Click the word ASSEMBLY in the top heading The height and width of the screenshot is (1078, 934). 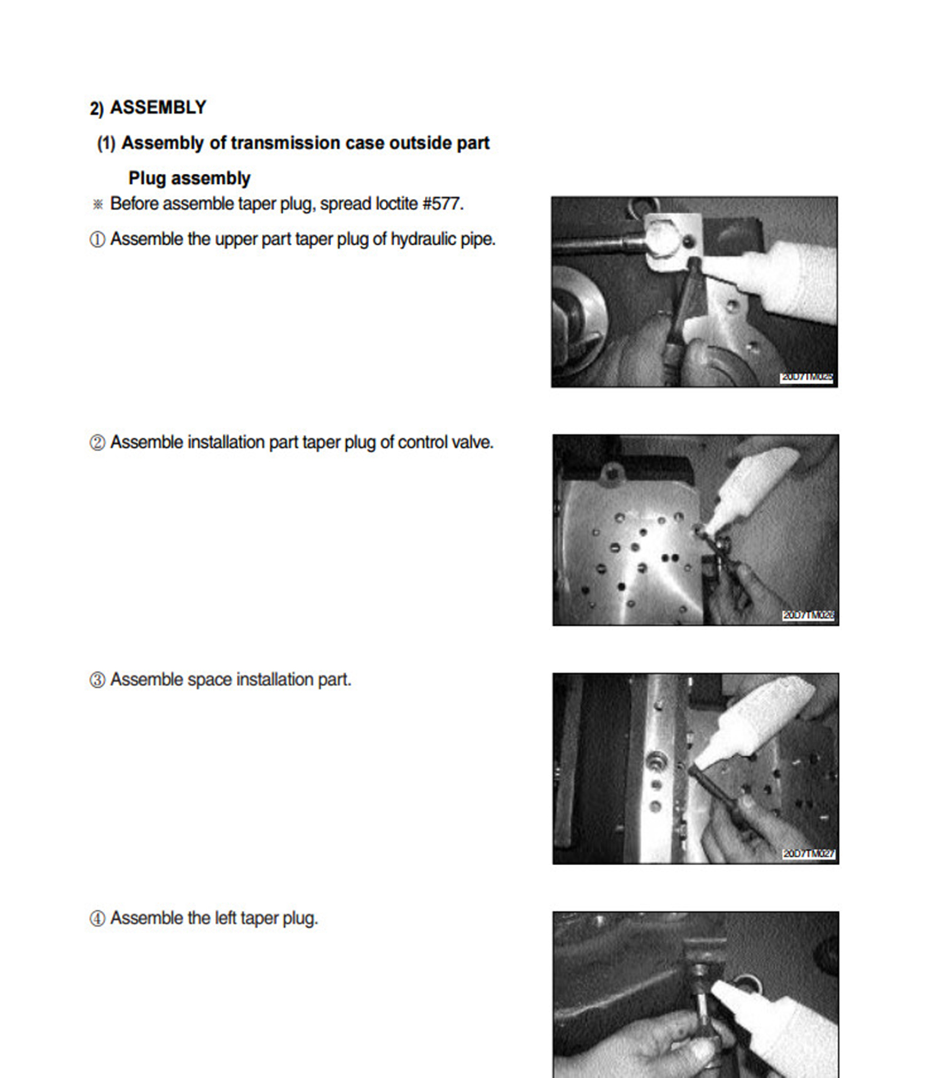(158, 107)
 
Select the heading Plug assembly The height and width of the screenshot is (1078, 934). (189, 178)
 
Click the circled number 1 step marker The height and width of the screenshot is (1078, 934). (97, 239)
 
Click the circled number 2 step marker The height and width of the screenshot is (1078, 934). (97, 443)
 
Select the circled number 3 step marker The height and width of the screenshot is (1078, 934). (97, 680)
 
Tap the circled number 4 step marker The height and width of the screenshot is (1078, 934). (97, 919)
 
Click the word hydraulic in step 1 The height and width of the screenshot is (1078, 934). (423, 239)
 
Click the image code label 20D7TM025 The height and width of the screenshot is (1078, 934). (807, 377)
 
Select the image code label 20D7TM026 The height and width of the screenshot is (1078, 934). (808, 616)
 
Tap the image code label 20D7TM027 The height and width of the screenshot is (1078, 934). (808, 854)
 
